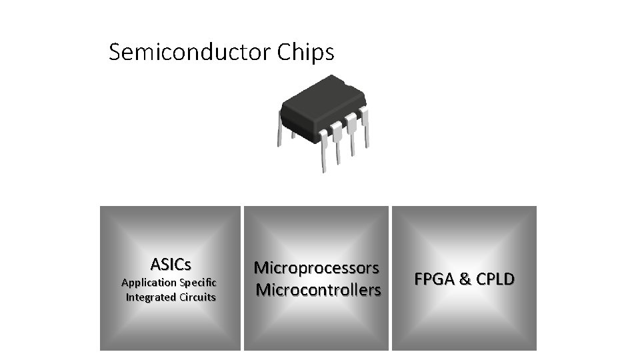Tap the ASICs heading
pyautogui.click(x=171, y=265)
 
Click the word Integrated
pyautogui.click(x=151, y=297)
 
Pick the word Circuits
pyautogui.click(x=197, y=297)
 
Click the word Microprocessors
pyautogui.click(x=317, y=268)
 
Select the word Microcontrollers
pyautogui.click(x=319, y=290)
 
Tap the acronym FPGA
pyautogui.click(x=434, y=279)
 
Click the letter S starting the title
pyautogui.click(x=115, y=52)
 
